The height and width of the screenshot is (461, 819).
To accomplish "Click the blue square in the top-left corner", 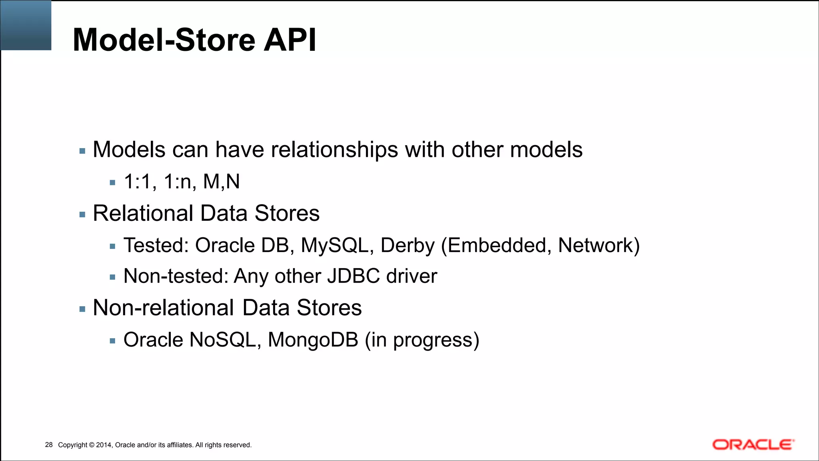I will [26, 25].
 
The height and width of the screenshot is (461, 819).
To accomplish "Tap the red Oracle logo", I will [753, 445].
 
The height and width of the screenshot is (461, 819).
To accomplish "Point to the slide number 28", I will [49, 445].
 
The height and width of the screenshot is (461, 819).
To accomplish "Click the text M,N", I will [221, 182].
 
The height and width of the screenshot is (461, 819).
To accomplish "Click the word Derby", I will [407, 245].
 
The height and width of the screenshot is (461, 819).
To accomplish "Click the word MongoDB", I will [313, 340].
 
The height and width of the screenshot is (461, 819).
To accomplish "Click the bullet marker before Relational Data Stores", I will [82, 215].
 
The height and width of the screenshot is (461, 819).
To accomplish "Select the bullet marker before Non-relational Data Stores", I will [82, 309].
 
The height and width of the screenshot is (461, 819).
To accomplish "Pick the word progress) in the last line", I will [436, 341].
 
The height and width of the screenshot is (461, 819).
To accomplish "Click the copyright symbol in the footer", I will [92, 445].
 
